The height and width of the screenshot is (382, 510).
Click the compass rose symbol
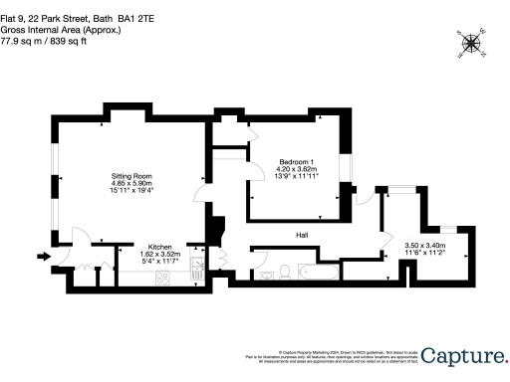(x=471, y=42)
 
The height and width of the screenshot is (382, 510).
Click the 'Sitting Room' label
(x=130, y=176)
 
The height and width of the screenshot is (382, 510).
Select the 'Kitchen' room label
(x=161, y=247)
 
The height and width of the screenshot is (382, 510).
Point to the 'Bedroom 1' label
(x=296, y=162)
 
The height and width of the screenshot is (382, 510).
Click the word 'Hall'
(x=302, y=235)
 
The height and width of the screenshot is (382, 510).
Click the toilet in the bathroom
(x=285, y=272)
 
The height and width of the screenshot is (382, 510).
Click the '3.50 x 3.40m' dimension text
(x=424, y=246)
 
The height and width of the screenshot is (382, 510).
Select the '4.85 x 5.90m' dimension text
(x=130, y=183)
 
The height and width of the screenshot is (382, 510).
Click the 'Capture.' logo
(x=462, y=356)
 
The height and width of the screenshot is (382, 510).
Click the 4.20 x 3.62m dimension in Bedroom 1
(x=296, y=169)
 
